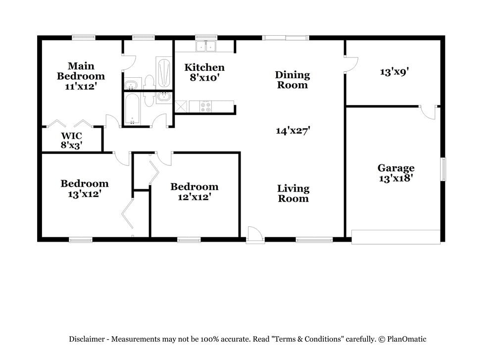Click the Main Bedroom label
[x=81, y=71]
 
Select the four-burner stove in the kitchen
[x=205, y=105]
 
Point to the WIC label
[x=71, y=136]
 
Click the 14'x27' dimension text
[x=293, y=131]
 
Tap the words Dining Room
[x=292, y=80]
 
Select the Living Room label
[x=293, y=193]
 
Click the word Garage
[x=396, y=168]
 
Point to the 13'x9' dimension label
[x=394, y=71]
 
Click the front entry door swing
[x=255, y=234]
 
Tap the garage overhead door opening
[x=396, y=237]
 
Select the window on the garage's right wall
[x=443, y=169]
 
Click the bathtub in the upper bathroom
[x=163, y=72]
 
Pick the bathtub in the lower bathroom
[x=132, y=109]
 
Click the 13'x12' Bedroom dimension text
[x=84, y=194]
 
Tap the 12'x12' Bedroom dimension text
[x=194, y=197]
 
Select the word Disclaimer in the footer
[x=87, y=339]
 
